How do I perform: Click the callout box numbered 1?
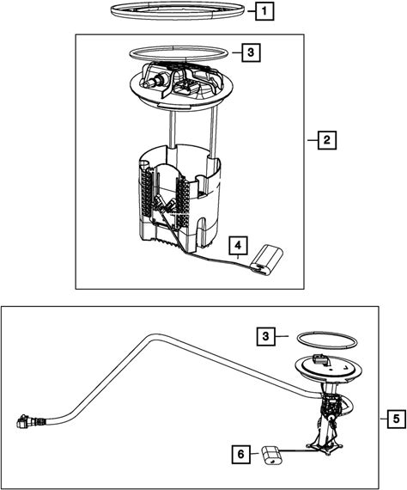pyautogui.click(x=264, y=11)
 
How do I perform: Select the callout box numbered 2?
pyautogui.click(x=327, y=140)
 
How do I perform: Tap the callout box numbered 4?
pyautogui.click(x=238, y=246)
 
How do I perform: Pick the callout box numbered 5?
pyautogui.click(x=397, y=419)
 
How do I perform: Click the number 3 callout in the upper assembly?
pyautogui.click(x=251, y=52)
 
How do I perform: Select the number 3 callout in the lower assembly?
pyautogui.click(x=265, y=336)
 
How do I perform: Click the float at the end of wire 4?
pyautogui.click(x=267, y=260)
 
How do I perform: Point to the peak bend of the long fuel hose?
pyautogui.click(x=152, y=337)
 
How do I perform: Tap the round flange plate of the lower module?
pyautogui.click(x=328, y=371)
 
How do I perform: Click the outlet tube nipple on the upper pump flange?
pyautogui.click(x=151, y=82)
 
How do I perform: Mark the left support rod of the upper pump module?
pyautogui.click(x=172, y=128)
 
